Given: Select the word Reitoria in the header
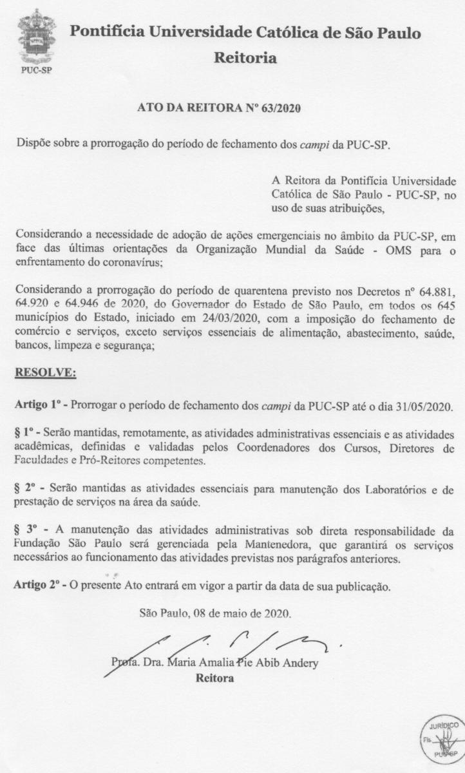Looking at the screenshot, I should point(245,59).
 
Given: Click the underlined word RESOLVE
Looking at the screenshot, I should point(46,372).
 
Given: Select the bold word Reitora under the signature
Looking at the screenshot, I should point(214,679).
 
